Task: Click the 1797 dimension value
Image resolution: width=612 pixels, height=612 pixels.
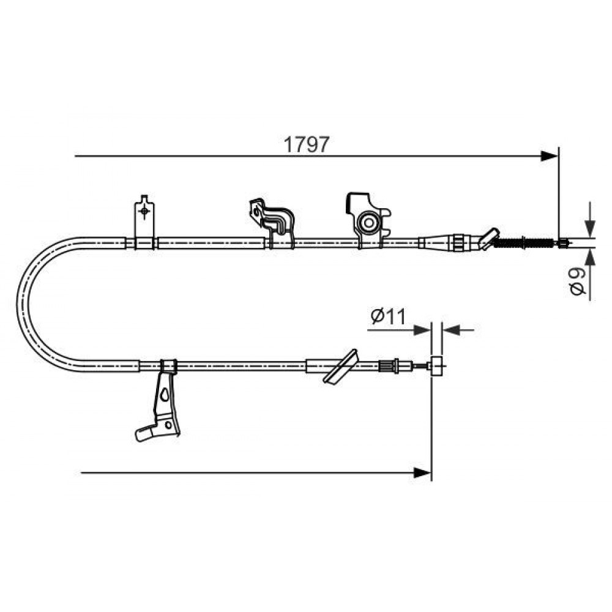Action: click(x=307, y=144)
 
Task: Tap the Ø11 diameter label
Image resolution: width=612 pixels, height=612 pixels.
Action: click(x=389, y=316)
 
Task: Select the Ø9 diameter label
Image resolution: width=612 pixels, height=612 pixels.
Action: click(x=577, y=281)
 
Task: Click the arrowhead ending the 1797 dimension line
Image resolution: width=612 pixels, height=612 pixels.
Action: click(x=549, y=157)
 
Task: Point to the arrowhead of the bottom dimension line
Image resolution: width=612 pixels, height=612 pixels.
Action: click(x=422, y=472)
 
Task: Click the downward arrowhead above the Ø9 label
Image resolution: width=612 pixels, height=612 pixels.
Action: click(x=590, y=229)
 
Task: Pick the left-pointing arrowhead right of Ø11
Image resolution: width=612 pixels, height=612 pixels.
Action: click(x=452, y=330)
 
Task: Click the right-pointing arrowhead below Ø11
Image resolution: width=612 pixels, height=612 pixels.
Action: click(x=422, y=330)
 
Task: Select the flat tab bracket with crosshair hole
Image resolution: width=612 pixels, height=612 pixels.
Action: click(x=144, y=222)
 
